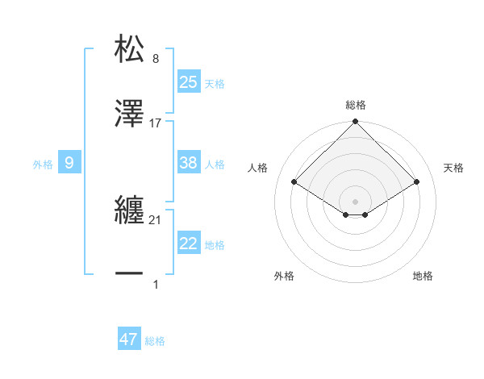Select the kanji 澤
click(x=130, y=115)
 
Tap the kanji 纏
click(x=130, y=210)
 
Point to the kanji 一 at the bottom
click(x=130, y=275)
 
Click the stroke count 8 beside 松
click(x=156, y=59)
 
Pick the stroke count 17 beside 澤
click(x=156, y=123)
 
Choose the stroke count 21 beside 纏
click(x=156, y=220)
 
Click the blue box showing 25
click(x=188, y=82)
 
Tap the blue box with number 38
click(x=188, y=163)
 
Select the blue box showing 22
click(x=188, y=244)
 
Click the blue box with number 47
click(x=129, y=339)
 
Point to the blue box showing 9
click(x=69, y=163)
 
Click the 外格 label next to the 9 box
click(x=43, y=165)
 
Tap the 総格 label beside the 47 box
click(x=155, y=341)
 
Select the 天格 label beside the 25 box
click(x=215, y=84)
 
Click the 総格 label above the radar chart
click(x=355, y=105)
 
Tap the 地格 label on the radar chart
click(x=423, y=276)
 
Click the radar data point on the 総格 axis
click(x=355, y=123)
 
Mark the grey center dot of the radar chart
click(x=355, y=201)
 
